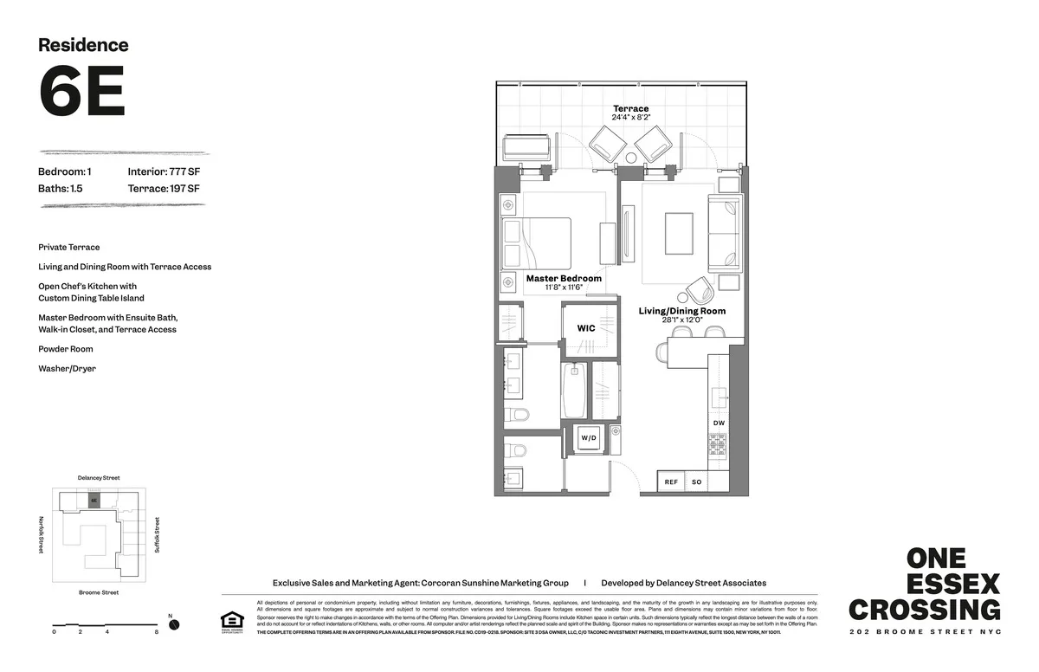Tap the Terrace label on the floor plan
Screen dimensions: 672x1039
[x=629, y=109]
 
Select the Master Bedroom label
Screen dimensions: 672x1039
[x=564, y=279]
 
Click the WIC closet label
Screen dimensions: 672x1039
[x=586, y=328]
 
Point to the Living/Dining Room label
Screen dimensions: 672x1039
[x=682, y=311]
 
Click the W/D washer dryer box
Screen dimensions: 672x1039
[x=589, y=438]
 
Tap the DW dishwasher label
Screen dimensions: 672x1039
[x=719, y=423]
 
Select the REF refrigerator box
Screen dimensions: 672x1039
[x=671, y=481]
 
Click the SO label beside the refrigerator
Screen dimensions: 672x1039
[x=697, y=481]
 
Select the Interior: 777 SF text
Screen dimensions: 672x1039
[x=164, y=171]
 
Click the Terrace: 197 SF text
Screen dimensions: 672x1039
[x=164, y=188]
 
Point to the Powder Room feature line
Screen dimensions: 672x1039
[x=66, y=349]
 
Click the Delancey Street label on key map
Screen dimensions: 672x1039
[x=98, y=478]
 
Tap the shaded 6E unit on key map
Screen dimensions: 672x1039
[x=94, y=501]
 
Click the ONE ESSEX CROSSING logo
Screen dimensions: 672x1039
[x=925, y=585]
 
